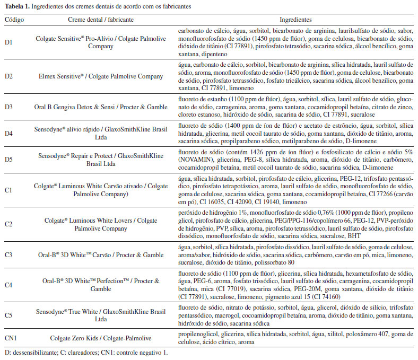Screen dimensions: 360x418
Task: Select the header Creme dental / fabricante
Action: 101,19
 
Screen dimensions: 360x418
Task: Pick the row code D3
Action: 9,107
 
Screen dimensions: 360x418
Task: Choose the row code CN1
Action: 11,338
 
